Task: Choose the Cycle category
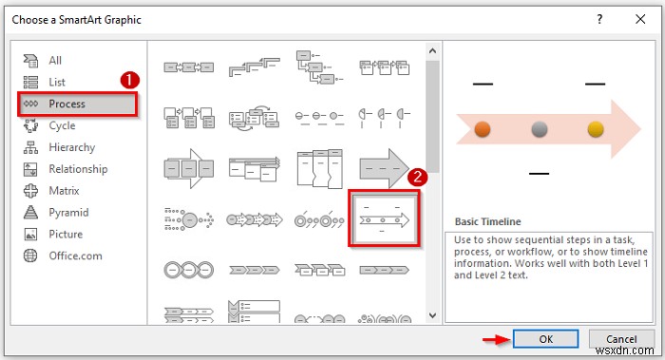pyautogui.click(x=62, y=125)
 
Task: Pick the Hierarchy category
pyautogui.click(x=71, y=147)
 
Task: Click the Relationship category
pyautogui.click(x=78, y=169)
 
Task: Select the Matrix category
pyautogui.click(x=65, y=191)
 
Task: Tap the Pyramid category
pyautogui.click(x=68, y=213)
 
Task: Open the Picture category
pyautogui.click(x=66, y=234)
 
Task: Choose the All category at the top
pyautogui.click(x=55, y=60)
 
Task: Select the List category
pyautogui.click(x=57, y=82)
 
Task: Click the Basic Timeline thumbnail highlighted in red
pyautogui.click(x=384, y=218)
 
